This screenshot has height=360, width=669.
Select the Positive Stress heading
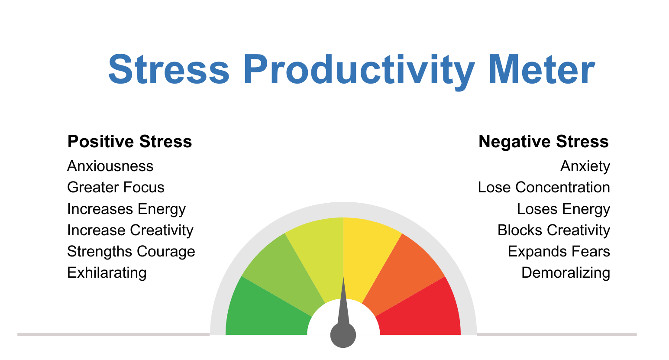[x=129, y=142]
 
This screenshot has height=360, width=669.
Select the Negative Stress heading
[x=543, y=142]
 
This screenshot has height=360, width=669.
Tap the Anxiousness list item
[x=110, y=166]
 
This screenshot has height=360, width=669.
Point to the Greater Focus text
[x=116, y=187]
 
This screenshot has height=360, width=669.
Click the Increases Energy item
[x=126, y=209]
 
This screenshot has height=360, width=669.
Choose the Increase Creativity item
[x=130, y=230]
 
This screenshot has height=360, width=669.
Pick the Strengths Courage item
[x=131, y=251]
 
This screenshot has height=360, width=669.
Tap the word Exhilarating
[x=107, y=272]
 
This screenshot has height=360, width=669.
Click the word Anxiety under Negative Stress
[x=585, y=166]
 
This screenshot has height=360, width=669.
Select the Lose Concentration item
[x=544, y=187]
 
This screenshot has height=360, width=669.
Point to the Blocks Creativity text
[x=553, y=230]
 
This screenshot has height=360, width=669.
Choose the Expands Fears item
[x=559, y=251]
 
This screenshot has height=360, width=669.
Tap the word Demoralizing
[x=566, y=272]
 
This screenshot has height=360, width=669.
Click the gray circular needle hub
[x=343, y=335]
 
